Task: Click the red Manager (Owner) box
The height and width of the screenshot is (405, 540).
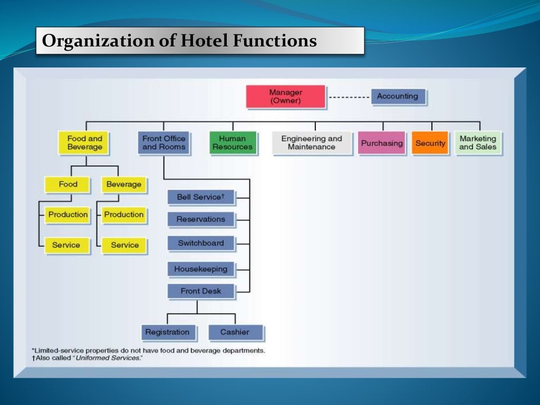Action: pos(285,97)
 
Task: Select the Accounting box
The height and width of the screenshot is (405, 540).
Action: pos(398,97)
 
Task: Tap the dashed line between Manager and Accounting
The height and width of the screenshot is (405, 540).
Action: pos(349,98)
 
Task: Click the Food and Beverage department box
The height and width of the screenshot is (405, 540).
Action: pos(84,143)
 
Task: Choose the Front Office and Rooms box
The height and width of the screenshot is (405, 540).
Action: pos(163,143)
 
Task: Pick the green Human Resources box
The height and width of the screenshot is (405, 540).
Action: pos(233,143)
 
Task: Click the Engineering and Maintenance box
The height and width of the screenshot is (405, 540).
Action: pos(312,143)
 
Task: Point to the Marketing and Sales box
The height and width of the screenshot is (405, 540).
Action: pos(478,143)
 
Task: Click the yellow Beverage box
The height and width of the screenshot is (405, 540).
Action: pos(124,185)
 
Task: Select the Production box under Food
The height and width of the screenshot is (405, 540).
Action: pos(68,215)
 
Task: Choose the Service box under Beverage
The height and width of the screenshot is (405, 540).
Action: pos(124,245)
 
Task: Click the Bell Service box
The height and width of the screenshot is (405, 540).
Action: pos(201,197)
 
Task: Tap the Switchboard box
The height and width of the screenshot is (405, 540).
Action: pos(201,243)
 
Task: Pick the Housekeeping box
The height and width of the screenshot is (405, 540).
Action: pos(201,269)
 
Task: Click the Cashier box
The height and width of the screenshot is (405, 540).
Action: pos(235,332)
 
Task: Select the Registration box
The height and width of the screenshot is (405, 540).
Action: pos(167,332)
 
